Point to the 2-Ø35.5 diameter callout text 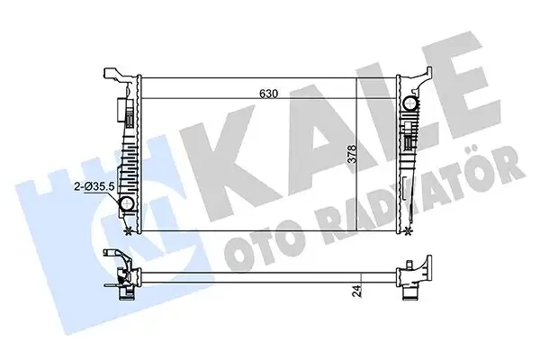tap(94, 186)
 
